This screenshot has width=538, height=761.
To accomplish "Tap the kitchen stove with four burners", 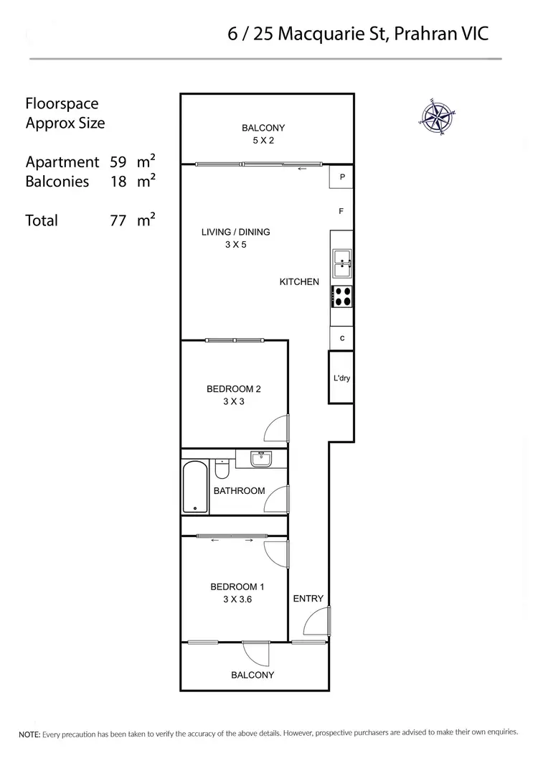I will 341,296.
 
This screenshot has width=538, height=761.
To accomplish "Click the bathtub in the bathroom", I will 195,487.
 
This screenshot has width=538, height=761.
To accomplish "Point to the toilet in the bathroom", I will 222,470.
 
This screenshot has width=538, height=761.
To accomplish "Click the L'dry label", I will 341,378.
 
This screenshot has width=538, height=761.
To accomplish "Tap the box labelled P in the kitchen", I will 342,177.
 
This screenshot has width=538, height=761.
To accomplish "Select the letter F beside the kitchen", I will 342,211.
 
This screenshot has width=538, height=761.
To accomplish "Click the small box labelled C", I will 342,338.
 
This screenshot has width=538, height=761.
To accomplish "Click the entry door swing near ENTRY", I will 316,621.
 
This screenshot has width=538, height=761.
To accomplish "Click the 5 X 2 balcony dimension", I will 263,141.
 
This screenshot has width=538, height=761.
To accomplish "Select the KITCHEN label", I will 299,282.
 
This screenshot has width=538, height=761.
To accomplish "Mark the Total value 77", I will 118,220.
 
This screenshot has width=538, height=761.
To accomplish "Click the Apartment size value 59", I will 118,162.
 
